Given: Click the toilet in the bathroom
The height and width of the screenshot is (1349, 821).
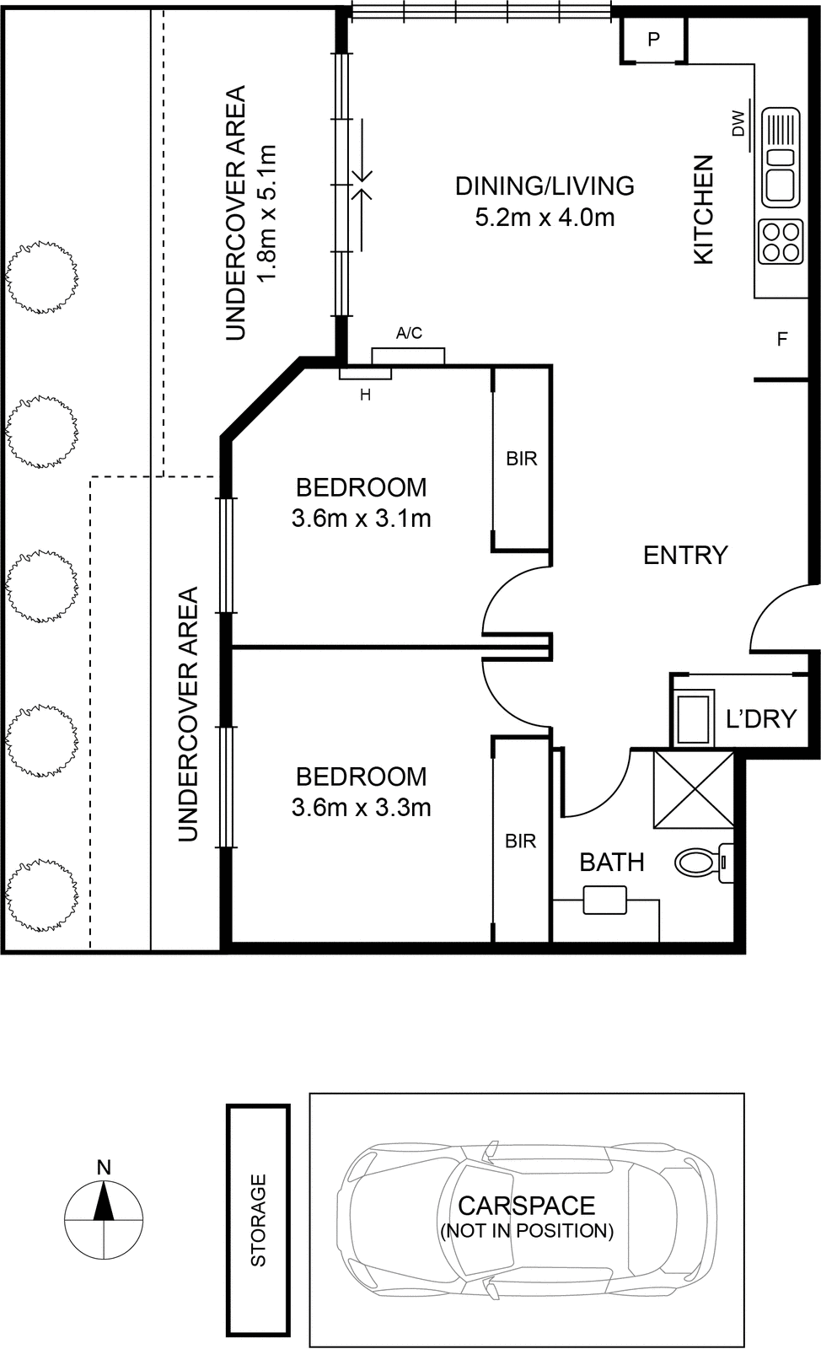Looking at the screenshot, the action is click(x=703, y=863).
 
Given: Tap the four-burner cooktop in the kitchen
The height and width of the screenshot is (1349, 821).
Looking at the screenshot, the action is click(x=781, y=242).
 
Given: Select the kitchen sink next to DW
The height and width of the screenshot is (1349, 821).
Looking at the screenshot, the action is click(x=781, y=157).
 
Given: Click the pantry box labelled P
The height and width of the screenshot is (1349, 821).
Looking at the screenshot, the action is click(x=653, y=40).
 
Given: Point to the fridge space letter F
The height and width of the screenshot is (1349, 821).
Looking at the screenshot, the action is click(x=782, y=339).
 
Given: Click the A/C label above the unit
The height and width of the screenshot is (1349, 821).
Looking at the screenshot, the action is click(x=410, y=332).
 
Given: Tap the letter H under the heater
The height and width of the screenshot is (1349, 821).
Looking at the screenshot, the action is click(x=365, y=395).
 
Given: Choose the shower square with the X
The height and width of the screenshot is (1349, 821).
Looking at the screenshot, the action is click(x=694, y=788).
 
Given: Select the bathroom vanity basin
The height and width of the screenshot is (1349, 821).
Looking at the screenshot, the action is click(x=605, y=900).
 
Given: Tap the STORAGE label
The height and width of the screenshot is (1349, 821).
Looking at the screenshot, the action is click(x=258, y=1220).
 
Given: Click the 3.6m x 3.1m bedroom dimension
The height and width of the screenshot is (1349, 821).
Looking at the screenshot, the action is click(x=361, y=518).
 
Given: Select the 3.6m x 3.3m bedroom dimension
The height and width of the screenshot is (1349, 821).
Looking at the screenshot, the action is click(x=361, y=807).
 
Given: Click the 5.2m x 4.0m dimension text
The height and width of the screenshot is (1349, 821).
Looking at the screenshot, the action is click(x=545, y=217).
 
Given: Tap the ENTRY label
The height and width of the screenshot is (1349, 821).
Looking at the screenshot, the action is click(x=685, y=555).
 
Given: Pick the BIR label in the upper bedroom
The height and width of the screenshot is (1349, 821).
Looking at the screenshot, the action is click(x=521, y=459).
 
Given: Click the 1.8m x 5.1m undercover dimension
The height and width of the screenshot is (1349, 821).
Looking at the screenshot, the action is click(x=266, y=212).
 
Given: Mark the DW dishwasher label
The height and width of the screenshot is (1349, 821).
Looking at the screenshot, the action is click(x=738, y=123).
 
